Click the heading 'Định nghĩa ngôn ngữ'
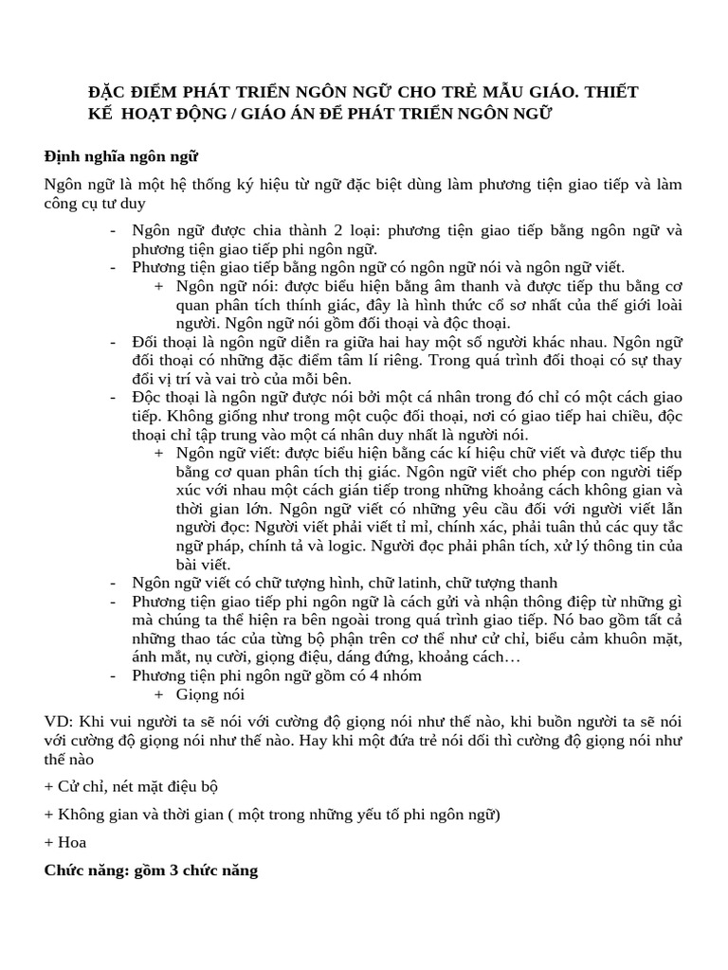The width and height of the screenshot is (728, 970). [x=120, y=156]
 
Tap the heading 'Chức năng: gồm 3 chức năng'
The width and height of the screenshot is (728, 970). [x=151, y=870]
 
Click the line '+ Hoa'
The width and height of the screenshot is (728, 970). [x=65, y=842]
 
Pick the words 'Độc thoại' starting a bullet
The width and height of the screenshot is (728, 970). [x=165, y=398]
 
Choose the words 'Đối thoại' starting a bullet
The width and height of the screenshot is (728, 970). [x=165, y=342]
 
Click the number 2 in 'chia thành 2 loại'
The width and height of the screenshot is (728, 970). [x=329, y=231]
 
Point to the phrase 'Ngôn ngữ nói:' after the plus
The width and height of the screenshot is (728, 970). [x=220, y=286]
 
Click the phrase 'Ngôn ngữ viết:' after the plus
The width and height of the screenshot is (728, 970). [x=222, y=453]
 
